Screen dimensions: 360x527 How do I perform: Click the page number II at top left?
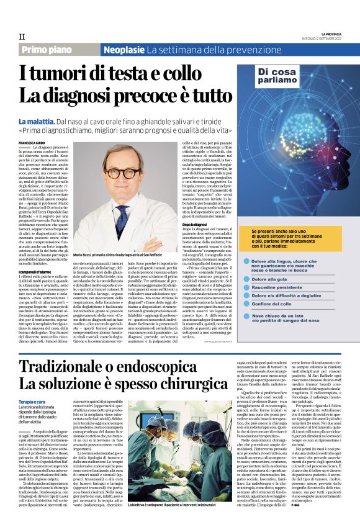tap(22, 36)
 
